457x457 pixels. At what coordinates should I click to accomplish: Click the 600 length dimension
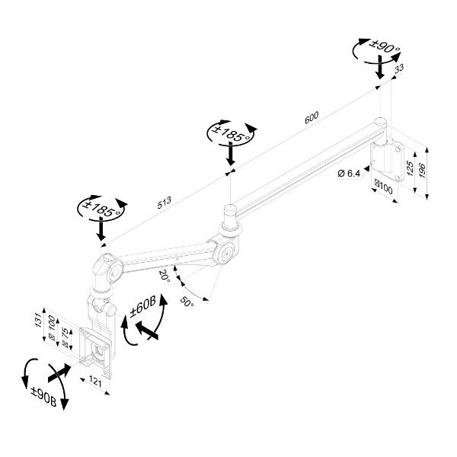click(312, 116)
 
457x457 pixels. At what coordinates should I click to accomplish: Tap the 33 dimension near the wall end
click(398, 71)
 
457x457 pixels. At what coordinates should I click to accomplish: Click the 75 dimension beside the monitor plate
click(65, 335)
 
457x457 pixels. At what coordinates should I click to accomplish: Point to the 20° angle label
click(164, 275)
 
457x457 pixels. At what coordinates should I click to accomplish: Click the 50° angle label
click(187, 302)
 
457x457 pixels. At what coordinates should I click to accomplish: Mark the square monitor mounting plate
click(97, 352)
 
